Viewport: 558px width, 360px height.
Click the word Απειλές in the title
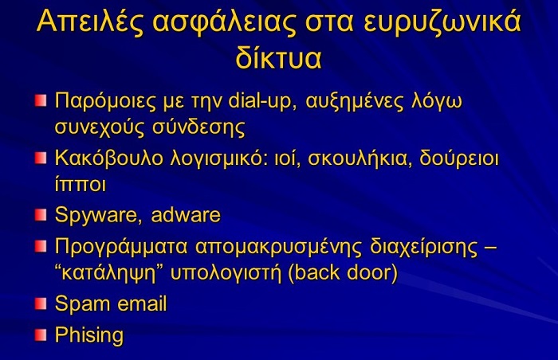click(90, 22)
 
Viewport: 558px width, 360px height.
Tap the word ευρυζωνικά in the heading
click(442, 23)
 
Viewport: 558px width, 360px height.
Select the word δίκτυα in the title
click(279, 57)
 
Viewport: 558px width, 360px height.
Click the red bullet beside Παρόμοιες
click(41, 100)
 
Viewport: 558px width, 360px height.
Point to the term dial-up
click(262, 101)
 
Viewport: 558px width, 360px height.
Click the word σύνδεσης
click(198, 127)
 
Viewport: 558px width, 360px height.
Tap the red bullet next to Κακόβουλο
click(41, 158)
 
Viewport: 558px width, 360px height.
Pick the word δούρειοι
click(459, 158)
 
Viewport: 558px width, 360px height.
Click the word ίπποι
click(81, 184)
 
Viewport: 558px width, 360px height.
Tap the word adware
click(186, 215)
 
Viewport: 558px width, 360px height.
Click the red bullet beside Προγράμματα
click(41, 246)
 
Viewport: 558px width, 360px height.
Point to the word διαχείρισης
click(424, 248)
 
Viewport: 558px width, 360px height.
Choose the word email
click(142, 303)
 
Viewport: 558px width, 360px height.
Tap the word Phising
click(89, 335)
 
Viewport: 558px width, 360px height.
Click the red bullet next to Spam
click(41, 303)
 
